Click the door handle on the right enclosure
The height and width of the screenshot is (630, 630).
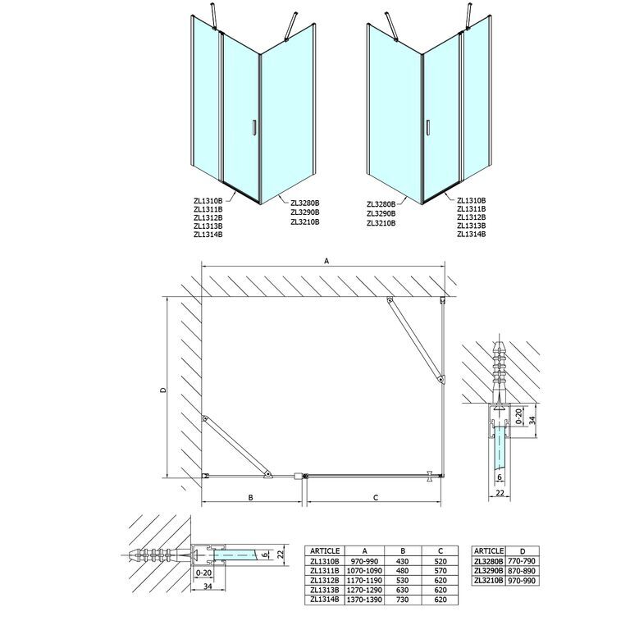[x=429, y=127]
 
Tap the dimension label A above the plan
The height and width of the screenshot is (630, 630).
[x=326, y=261]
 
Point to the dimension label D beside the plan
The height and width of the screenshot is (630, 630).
[x=163, y=390]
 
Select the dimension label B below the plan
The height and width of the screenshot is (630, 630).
[x=251, y=497]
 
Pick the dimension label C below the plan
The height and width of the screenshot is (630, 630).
[x=376, y=498]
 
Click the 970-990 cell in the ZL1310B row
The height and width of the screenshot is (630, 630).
[x=364, y=561]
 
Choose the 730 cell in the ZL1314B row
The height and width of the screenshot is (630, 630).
[x=402, y=600]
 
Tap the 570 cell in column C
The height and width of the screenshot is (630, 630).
[x=441, y=571]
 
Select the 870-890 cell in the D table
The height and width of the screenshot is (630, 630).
[x=522, y=571]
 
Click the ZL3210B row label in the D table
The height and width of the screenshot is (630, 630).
[x=489, y=581]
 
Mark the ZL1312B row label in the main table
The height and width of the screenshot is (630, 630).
[x=325, y=581]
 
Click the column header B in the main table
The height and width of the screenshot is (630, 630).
[x=403, y=551]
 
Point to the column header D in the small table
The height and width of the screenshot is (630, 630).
[x=522, y=551]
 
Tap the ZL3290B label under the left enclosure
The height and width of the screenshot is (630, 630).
[x=305, y=212]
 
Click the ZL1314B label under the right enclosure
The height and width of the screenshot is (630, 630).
[x=472, y=234]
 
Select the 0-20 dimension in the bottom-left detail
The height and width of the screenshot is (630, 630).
[x=202, y=572]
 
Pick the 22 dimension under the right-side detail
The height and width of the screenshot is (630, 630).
[x=500, y=493]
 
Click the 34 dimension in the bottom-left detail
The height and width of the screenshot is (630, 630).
[x=208, y=587]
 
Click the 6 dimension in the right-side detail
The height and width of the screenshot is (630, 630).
[x=500, y=477]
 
